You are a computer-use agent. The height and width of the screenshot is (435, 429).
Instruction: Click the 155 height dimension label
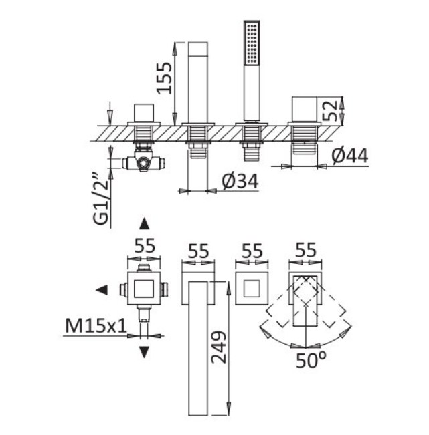pyautogui.click(x=164, y=78)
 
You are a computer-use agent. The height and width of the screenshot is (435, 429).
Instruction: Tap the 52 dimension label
pyautogui.click(x=330, y=110)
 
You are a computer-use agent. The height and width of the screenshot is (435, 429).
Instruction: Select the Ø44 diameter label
pyautogui.click(x=350, y=155)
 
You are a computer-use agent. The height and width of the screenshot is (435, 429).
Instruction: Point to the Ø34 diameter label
pyautogui.click(x=240, y=182)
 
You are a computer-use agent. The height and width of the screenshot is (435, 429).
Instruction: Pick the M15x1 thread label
pyautogui.click(x=96, y=325)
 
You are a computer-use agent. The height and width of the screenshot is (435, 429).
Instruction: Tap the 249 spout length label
pyautogui.click(x=219, y=347)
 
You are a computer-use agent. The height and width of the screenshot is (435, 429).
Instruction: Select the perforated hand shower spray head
pyautogui.click(x=252, y=43)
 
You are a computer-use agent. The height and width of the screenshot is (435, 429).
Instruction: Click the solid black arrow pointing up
pyautogui.click(x=144, y=224)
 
